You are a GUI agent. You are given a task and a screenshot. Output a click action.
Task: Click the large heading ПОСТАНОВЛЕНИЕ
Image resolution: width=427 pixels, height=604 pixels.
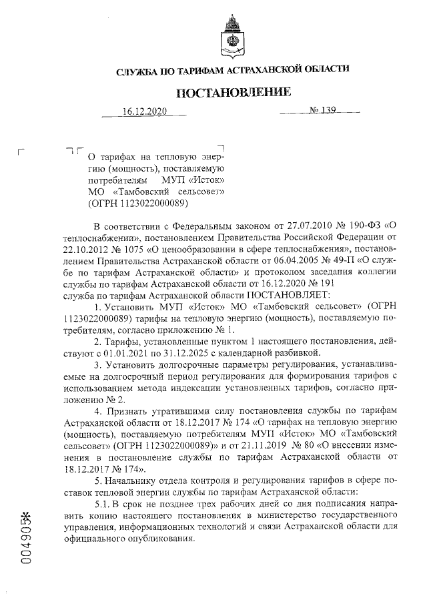[x=233, y=92]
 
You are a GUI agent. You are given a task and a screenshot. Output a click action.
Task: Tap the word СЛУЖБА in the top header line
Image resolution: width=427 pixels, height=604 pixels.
[x=136, y=69]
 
